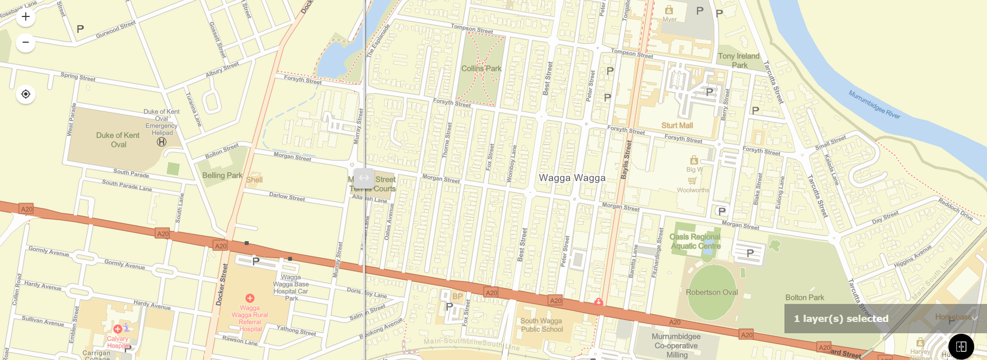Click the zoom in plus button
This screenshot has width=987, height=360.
[26, 17]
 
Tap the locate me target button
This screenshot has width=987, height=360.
[26, 94]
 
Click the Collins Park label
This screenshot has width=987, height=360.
[481, 68]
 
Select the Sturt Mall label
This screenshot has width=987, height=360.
[677, 125]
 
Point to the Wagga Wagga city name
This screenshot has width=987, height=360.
[572, 178]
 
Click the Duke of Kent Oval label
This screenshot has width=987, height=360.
[118, 140]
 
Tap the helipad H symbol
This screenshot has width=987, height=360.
[161, 142]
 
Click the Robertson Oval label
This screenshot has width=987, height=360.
[711, 292]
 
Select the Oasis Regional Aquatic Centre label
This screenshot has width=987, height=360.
[695, 241]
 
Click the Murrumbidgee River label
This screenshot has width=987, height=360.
[874, 104]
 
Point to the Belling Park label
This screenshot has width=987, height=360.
[222, 175]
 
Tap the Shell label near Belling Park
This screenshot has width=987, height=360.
[254, 180]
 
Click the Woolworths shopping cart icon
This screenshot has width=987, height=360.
[692, 181]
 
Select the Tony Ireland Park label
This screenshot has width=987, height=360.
[739, 61]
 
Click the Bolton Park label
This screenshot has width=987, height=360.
[805, 297]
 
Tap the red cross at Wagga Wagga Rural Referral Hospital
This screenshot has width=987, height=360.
[250, 298]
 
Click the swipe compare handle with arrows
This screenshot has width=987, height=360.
[364, 178]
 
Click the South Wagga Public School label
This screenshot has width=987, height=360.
[541, 325]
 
